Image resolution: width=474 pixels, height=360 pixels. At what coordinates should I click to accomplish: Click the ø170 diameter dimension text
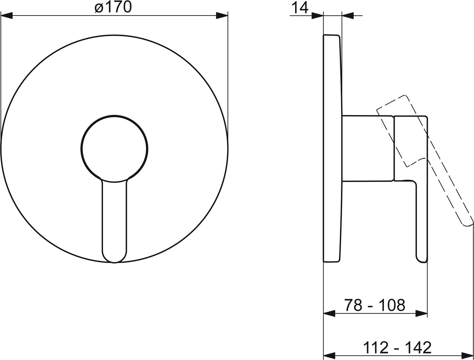coord(113,8)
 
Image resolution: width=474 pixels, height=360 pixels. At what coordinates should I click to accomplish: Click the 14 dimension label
coord(300,8)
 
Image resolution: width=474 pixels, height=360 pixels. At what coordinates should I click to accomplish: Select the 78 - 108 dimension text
coord(375,305)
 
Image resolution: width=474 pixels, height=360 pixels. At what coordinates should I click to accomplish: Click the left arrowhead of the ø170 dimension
coord(7,16)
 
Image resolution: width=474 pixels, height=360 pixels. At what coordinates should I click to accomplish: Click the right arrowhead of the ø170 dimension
coord(222,16)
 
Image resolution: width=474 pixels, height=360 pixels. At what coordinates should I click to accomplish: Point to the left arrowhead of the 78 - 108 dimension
coord(329,314)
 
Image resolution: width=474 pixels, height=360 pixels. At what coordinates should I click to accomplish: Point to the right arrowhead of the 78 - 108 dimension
coord(422,314)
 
